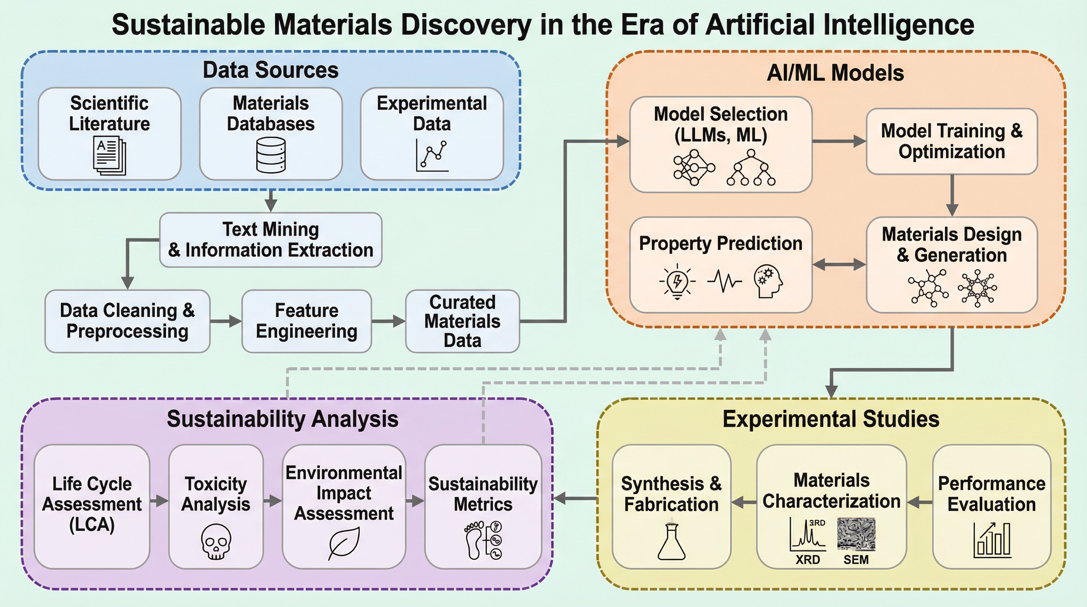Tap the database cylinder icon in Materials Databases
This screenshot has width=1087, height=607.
tap(271, 155)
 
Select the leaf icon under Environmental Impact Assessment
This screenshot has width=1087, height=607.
tap(344, 543)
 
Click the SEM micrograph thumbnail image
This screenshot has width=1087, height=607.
tap(856, 534)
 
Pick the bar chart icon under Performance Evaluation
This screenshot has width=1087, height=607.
tap(992, 540)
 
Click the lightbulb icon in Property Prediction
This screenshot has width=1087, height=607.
tap(677, 281)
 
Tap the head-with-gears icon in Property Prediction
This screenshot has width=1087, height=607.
tap(768, 281)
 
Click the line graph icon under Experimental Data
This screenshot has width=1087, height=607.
tap(432, 155)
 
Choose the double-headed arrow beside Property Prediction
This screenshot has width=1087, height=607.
tap(839, 265)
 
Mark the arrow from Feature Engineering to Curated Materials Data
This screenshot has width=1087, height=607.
tap(388, 321)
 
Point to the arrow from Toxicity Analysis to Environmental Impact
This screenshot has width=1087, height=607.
tap(273, 501)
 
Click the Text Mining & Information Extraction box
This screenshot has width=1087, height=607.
tap(271, 240)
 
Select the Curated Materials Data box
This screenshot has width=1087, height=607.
tap(463, 321)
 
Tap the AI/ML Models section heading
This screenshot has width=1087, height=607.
tap(835, 73)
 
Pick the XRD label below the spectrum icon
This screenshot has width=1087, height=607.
tap(808, 560)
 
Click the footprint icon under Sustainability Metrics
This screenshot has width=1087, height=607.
tap(474, 540)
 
